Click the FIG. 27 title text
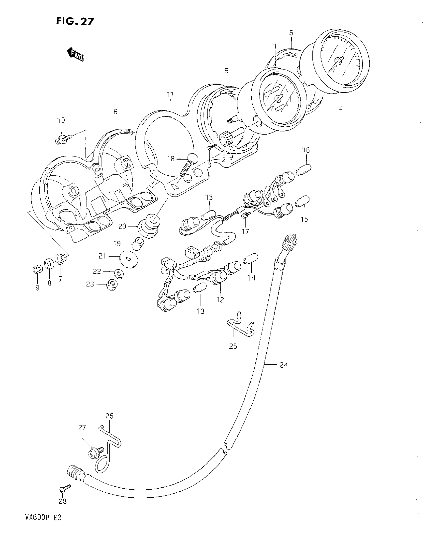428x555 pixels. (x=75, y=21)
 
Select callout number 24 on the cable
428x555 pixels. (x=283, y=365)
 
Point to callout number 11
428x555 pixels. (x=170, y=95)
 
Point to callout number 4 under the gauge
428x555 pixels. (x=341, y=109)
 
